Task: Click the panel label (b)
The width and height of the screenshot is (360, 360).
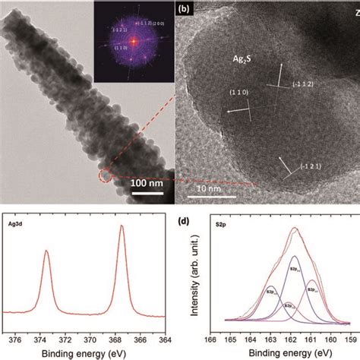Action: click(184, 10)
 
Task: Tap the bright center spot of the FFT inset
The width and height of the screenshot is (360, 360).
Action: click(131, 37)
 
